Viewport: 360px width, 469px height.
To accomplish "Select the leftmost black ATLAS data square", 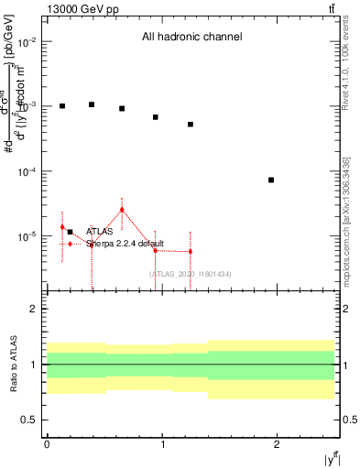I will (62, 106).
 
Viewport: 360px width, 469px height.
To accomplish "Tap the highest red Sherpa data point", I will (122, 210).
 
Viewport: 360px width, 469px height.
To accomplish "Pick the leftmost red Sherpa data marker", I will (62, 227).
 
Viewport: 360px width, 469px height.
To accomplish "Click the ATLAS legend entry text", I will (100, 232).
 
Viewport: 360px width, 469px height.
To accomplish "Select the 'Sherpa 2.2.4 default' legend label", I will (125, 244).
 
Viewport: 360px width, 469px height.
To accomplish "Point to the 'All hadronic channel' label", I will (191, 38).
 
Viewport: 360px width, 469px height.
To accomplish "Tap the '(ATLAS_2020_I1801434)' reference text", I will (190, 274).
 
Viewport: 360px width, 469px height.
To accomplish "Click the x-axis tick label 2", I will (277, 443).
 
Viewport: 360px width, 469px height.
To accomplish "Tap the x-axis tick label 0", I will (47, 443).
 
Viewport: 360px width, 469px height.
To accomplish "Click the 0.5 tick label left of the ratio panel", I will (28, 420).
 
